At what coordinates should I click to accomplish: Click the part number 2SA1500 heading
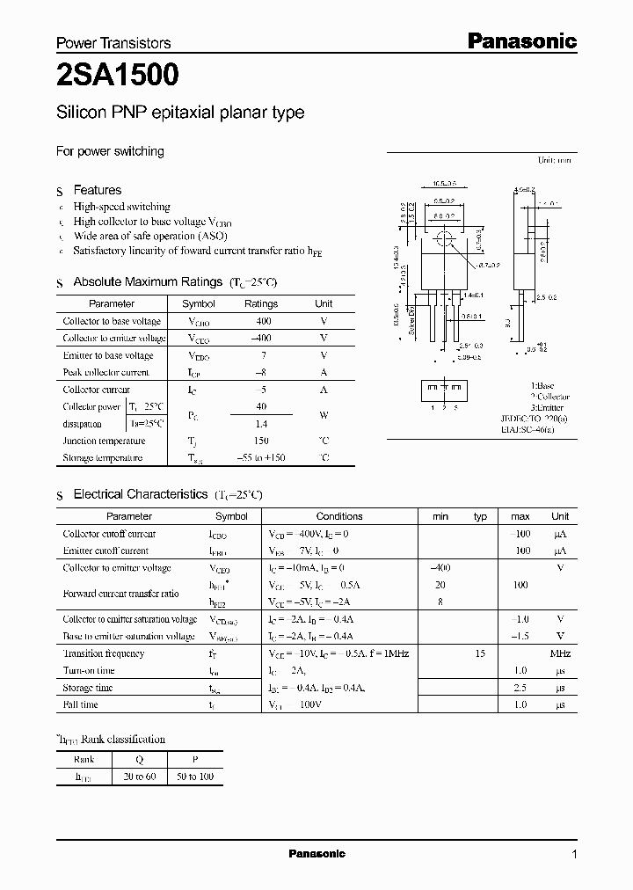(118, 77)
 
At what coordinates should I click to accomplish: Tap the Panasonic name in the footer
(317, 854)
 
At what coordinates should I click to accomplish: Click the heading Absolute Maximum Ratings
(147, 282)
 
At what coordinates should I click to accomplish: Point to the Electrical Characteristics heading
(140, 495)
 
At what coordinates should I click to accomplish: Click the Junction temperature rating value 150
(260, 441)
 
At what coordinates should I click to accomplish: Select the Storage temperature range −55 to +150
(260, 458)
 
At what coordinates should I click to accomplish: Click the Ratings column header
(260, 303)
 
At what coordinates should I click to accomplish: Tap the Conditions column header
(339, 516)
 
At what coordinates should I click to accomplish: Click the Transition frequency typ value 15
(481, 653)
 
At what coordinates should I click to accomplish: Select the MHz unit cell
(560, 653)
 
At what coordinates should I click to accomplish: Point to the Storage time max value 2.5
(520, 688)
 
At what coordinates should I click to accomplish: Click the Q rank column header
(139, 759)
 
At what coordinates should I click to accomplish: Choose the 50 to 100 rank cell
(194, 777)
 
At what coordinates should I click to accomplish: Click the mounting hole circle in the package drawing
(444, 238)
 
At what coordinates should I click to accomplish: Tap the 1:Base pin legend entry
(543, 386)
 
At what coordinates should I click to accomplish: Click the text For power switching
(110, 151)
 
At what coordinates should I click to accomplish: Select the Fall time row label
(81, 704)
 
